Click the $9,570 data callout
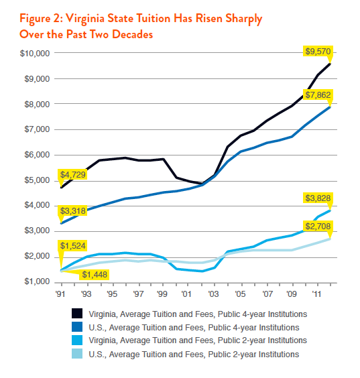[x=318, y=51]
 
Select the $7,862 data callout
[x=318, y=94]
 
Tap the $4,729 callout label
[x=72, y=174]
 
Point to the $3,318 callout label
[x=72, y=210]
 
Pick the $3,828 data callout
[x=318, y=198]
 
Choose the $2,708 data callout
[x=318, y=226]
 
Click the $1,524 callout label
[x=72, y=246]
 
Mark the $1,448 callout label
[x=95, y=274]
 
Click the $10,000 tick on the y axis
[x=35, y=53]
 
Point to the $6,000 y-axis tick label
[x=37, y=155]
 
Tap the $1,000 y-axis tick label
[x=37, y=281]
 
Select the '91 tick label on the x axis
[x=60, y=294]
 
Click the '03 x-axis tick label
[x=213, y=294]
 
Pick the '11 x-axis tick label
[x=316, y=294]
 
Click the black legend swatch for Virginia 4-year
[x=77, y=314]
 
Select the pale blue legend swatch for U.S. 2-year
[x=77, y=354]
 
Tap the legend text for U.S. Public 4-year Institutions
[x=194, y=327]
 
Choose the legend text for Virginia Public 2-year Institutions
[x=198, y=340]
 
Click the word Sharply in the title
[x=244, y=19]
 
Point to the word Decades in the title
[x=132, y=34]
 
